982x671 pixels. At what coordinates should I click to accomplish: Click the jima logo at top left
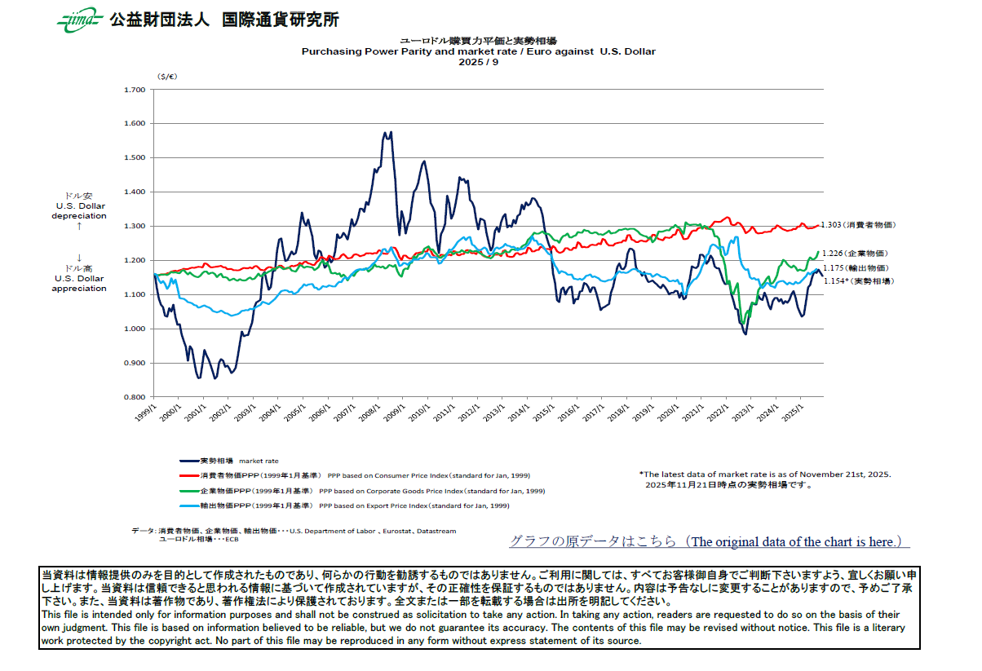(x=79, y=20)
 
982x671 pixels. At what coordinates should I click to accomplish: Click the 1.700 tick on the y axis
(x=133, y=90)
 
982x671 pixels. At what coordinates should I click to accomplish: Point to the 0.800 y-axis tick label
(x=133, y=397)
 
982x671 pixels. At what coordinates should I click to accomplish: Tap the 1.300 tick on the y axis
(x=133, y=227)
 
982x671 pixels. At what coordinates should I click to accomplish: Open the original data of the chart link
(x=708, y=541)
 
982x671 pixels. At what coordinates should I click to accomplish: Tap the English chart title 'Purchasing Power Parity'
(x=478, y=51)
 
